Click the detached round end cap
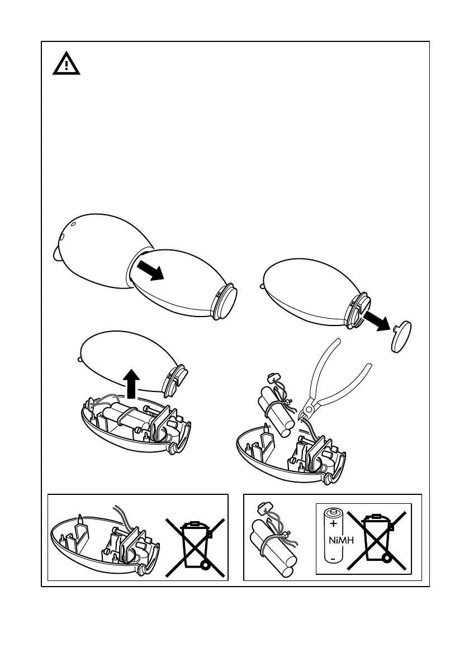tap(400, 337)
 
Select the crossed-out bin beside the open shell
tap(195, 547)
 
